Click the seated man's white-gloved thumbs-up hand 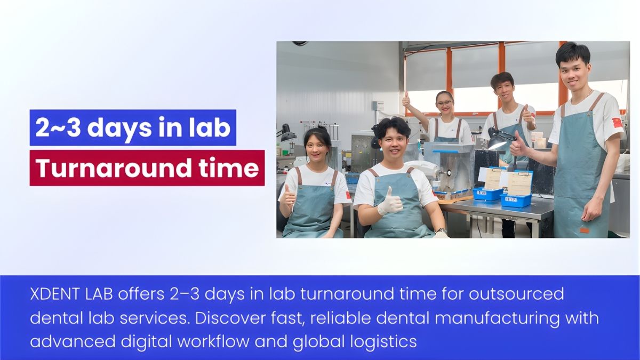pos(390,203)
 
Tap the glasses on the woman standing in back pos(444,103)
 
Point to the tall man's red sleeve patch pos(618,122)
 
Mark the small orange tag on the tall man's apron pos(585,230)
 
